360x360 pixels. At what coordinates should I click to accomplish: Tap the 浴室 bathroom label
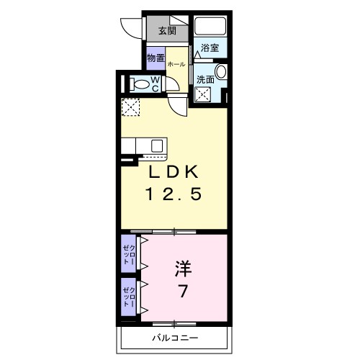point(210,48)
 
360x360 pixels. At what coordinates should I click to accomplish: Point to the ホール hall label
point(176,66)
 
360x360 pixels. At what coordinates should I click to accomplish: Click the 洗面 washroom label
point(205,79)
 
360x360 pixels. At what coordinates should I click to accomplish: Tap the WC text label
point(156,84)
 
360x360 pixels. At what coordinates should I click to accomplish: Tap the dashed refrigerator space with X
point(131,107)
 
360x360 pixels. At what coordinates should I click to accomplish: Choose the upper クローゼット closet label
point(128,253)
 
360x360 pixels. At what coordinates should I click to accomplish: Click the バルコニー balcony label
point(175,338)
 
